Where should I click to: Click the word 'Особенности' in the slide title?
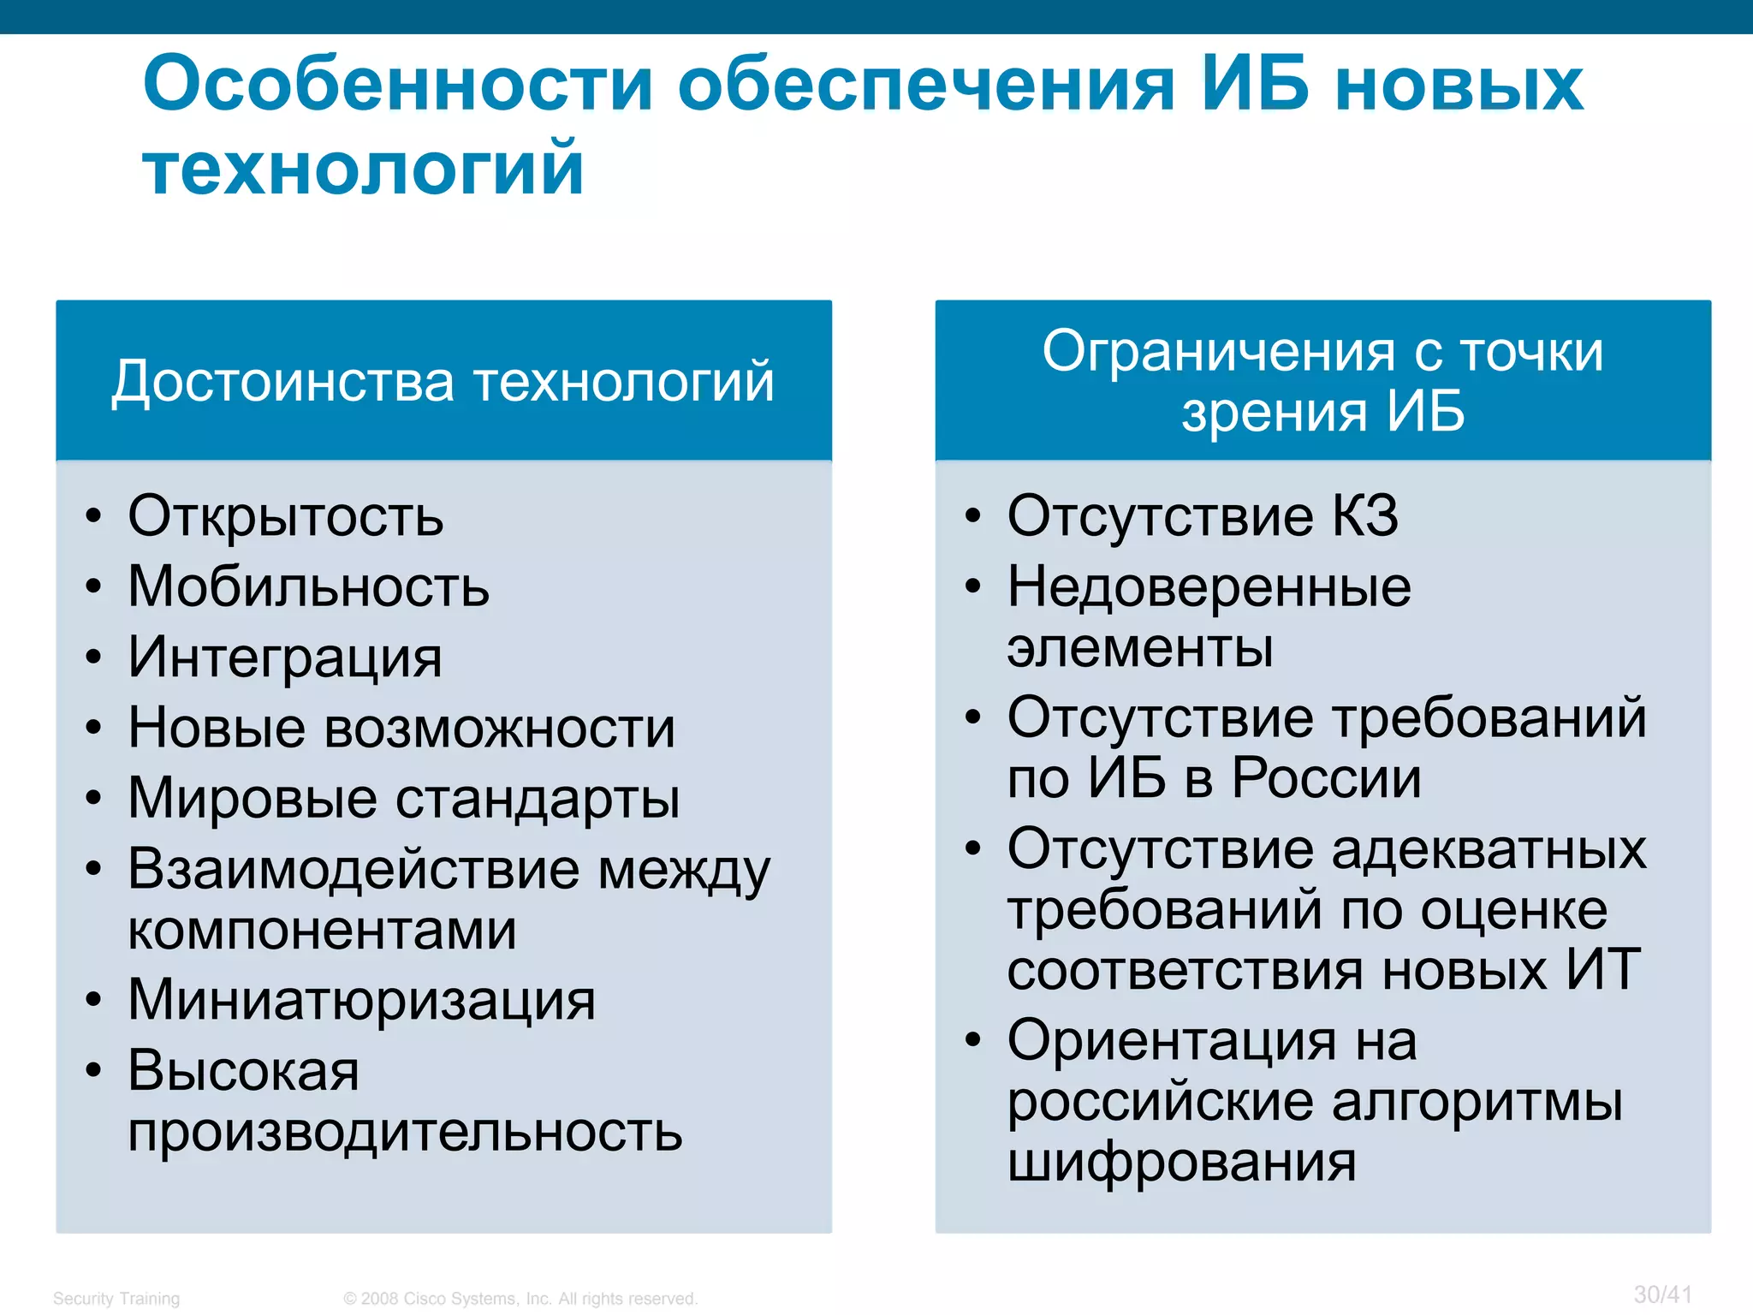pos(398,84)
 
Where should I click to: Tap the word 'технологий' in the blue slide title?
pos(364,168)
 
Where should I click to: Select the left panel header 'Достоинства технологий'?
pos(443,381)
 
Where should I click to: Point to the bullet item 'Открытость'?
pos(286,516)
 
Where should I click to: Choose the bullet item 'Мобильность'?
pos(308,587)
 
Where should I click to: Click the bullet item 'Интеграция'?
pos(285,657)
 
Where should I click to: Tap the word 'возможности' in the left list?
pos(500,729)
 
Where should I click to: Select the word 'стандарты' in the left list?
pos(538,799)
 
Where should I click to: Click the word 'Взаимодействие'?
pos(354,869)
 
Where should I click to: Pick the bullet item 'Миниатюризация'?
pos(361,1000)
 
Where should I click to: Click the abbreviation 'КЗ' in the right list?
pos(1364,516)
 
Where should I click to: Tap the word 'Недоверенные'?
pos(1209,587)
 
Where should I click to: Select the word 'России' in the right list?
pos(1326,778)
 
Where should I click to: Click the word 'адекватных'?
pos(1489,849)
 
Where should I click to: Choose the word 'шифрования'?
pos(1181,1162)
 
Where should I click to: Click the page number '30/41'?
pos(1662,1294)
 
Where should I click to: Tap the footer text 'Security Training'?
pos(116,1299)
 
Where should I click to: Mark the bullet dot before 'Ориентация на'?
pos(972,1040)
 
